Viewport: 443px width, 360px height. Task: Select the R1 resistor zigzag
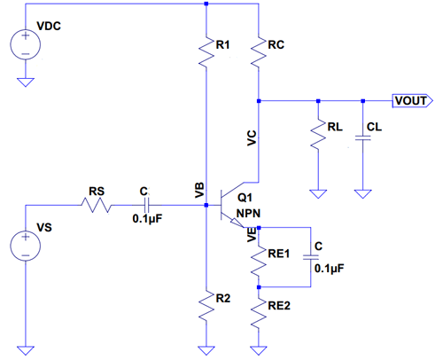206,51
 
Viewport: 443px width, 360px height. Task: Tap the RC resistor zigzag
259,51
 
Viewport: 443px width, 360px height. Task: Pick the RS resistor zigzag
96,205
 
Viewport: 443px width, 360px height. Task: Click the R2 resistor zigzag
206,305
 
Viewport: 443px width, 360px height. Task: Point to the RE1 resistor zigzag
259,262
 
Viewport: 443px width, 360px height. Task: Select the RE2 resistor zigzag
259,313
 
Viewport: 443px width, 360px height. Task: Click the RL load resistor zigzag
318,134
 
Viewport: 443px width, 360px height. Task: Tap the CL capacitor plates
363,137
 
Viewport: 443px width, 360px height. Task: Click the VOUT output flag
413,101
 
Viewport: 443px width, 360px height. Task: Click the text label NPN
248,213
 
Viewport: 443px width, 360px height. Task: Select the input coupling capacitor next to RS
147,205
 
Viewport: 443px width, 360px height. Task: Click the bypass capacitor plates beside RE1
311,258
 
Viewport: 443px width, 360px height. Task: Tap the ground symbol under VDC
26,82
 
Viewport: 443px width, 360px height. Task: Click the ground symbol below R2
206,350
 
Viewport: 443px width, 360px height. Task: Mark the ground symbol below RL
318,194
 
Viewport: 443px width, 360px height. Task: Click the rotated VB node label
199,190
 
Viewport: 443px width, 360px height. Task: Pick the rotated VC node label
252,138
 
